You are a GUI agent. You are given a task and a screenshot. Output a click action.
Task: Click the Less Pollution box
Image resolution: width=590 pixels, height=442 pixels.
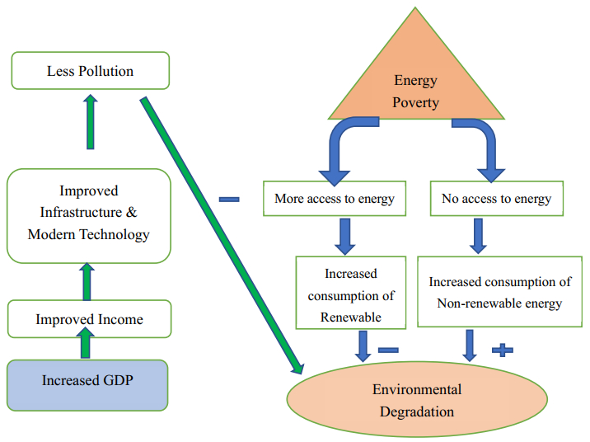pos(90,71)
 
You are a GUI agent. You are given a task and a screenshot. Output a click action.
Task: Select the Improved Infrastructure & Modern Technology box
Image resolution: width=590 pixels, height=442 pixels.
pos(89,212)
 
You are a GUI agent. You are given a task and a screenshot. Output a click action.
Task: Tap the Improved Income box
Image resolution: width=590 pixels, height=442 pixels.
pos(89,319)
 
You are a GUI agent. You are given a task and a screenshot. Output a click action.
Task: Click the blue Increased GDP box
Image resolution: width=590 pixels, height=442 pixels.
pos(89,383)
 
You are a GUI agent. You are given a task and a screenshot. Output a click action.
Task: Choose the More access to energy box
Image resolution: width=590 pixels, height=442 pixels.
pos(335,199)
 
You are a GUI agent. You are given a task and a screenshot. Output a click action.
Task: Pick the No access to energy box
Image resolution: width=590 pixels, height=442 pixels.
pos(496,199)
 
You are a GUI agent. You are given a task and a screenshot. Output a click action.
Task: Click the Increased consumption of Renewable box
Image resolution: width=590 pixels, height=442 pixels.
pos(350,293)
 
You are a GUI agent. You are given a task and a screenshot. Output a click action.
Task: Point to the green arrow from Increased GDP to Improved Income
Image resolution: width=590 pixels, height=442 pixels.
pos(86,344)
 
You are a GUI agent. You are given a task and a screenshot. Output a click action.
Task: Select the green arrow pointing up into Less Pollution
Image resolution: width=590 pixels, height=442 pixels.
pos(90,121)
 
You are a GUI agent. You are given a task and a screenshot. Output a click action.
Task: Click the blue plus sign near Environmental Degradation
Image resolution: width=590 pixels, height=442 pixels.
pos(502,350)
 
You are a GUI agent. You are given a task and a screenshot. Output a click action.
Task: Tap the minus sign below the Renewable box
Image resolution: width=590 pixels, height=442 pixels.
pos(388,350)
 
